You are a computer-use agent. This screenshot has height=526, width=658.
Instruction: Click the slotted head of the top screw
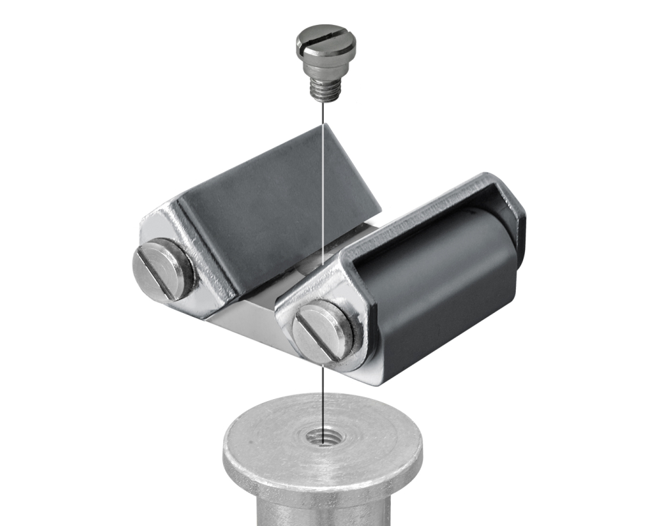(325, 41)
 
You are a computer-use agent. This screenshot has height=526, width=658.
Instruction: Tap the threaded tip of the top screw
(322, 89)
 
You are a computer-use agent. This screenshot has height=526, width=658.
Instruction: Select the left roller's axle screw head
(162, 270)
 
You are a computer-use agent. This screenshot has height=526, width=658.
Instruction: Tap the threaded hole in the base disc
(322, 435)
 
